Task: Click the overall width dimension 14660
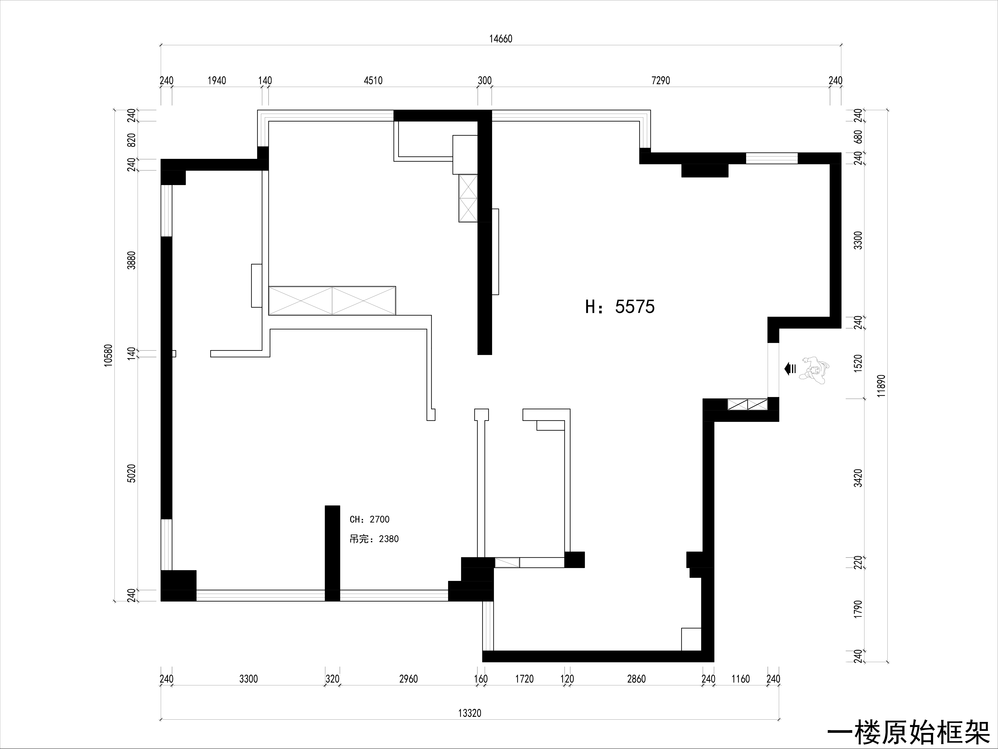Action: [501, 39]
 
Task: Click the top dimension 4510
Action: [373, 81]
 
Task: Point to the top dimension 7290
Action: [661, 81]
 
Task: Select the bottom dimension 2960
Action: [409, 679]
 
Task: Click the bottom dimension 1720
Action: [524, 679]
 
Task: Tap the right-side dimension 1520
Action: [858, 363]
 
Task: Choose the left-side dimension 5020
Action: [131, 474]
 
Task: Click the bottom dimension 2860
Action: [637, 679]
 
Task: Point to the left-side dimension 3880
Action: [131, 260]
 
